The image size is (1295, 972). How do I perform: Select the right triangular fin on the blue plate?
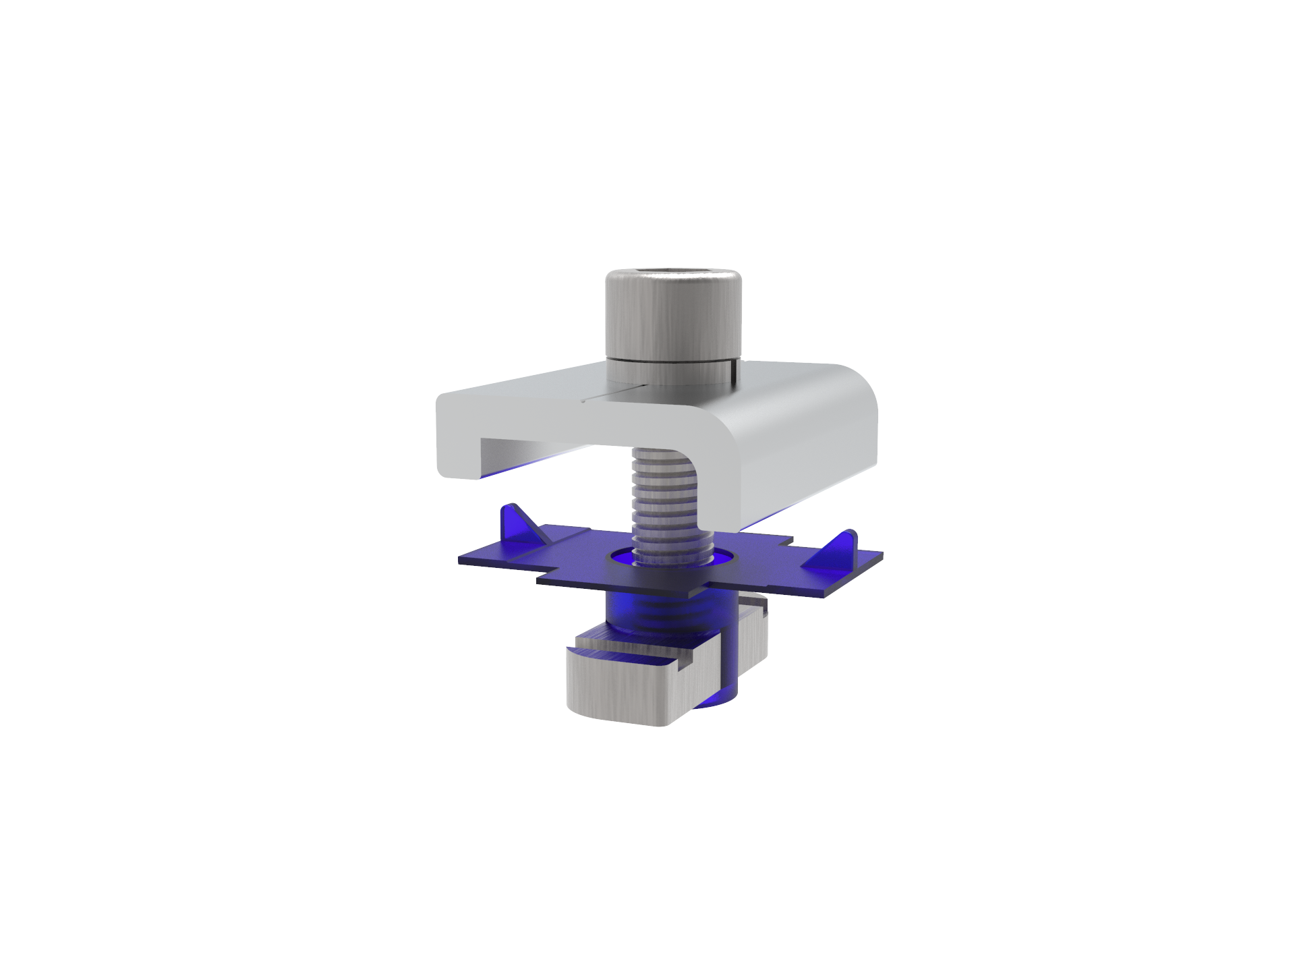tap(840, 548)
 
